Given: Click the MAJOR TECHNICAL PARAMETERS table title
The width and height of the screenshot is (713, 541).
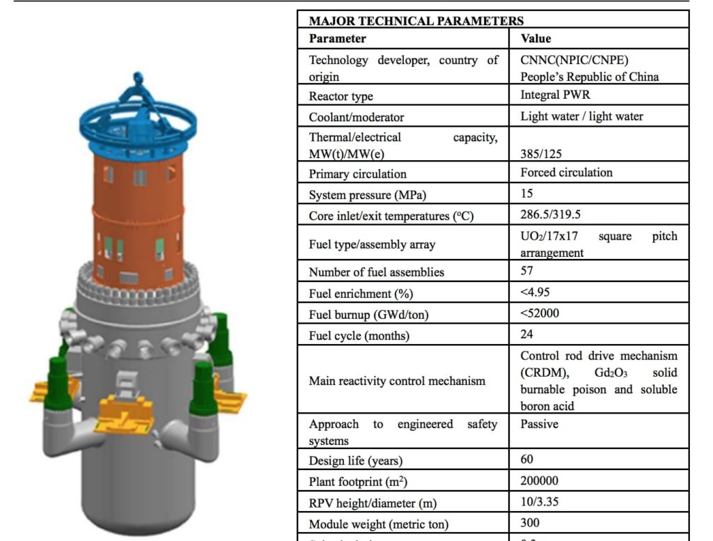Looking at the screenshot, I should (x=416, y=22).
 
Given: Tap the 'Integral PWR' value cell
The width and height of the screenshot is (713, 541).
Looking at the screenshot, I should (x=553, y=95).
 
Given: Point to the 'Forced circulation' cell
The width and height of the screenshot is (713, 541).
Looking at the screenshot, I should (x=567, y=173).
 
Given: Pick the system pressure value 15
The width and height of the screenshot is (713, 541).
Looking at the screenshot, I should (x=527, y=194).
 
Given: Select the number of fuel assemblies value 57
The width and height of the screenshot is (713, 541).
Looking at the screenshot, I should (x=527, y=271).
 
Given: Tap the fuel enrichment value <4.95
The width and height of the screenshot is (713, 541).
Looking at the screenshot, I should (x=535, y=292).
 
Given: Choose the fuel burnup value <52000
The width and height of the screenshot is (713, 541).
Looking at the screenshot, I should (x=540, y=313).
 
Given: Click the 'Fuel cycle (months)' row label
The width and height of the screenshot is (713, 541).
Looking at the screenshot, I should (x=359, y=336).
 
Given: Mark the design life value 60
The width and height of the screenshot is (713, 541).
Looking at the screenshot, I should (x=528, y=460).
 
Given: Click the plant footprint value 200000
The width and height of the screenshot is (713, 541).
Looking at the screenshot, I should (x=540, y=480).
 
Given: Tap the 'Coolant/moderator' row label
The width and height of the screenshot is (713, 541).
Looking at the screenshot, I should (x=356, y=117).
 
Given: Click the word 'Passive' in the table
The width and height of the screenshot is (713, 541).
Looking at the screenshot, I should (x=540, y=423).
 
